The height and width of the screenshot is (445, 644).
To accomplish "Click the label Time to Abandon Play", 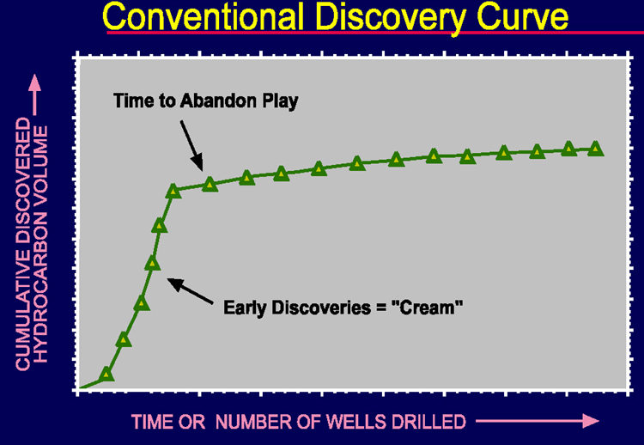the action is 206,101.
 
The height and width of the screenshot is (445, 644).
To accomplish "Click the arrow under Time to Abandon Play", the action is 191,145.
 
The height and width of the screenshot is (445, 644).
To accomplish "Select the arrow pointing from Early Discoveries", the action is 190,291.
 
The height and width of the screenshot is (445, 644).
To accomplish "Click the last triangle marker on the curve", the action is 595,149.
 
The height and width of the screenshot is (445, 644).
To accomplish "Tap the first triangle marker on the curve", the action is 106,374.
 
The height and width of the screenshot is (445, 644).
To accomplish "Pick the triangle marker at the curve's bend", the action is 173,191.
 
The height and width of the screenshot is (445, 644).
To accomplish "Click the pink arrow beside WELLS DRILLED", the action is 538,421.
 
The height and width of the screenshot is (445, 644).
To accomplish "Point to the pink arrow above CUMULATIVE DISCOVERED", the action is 35,94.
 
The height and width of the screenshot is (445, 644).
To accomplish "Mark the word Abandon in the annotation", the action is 219,101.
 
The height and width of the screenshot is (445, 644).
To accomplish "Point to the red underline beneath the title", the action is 375,33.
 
